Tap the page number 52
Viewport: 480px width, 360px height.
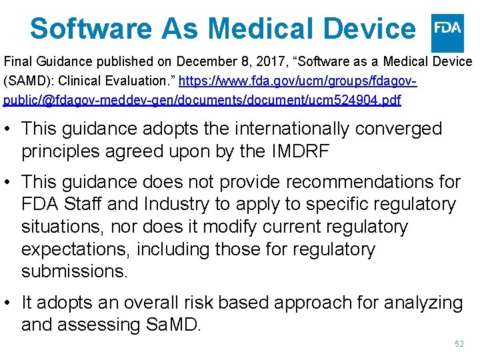point(459,344)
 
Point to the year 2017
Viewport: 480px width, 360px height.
point(260,62)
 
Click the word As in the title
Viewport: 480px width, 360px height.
point(181,29)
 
